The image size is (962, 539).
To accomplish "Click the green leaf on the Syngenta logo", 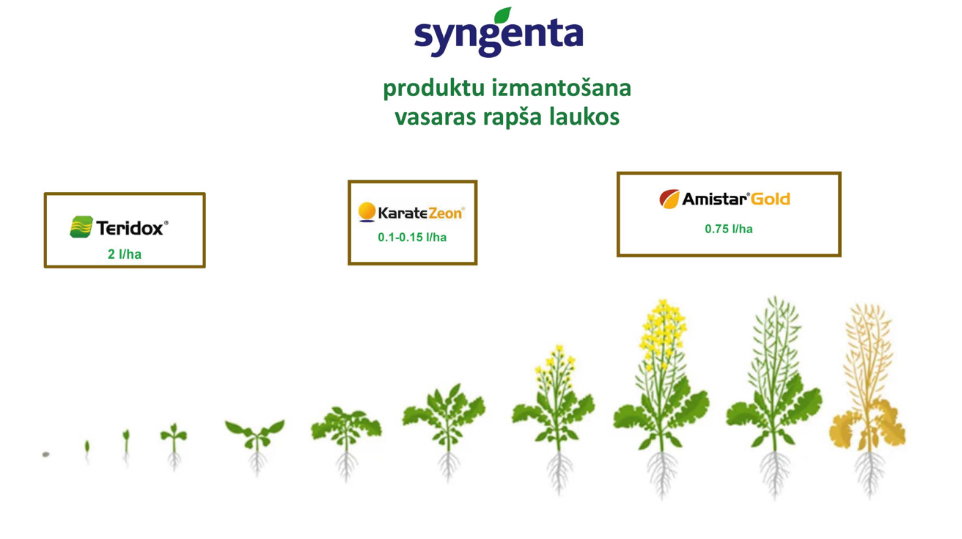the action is click(502, 15).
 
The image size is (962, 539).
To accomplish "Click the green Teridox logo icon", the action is click(81, 227).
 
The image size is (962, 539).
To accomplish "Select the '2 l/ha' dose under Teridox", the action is click(125, 254).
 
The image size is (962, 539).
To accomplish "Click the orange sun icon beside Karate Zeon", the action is click(367, 212).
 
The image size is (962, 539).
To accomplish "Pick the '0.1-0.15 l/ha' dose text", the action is click(412, 237).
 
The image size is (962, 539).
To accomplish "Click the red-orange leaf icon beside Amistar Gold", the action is click(669, 199).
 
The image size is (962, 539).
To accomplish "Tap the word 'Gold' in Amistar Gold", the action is click(771, 199).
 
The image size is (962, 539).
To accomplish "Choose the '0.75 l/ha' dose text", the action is click(729, 229).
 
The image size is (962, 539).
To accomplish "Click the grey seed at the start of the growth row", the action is click(45, 454).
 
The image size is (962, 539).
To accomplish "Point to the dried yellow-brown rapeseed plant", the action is click(868, 400).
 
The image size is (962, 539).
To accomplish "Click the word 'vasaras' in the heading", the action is click(435, 117).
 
